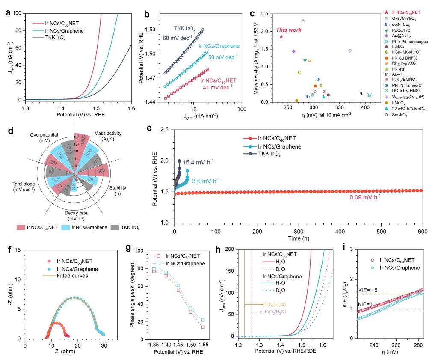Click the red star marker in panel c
pos(281,36)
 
